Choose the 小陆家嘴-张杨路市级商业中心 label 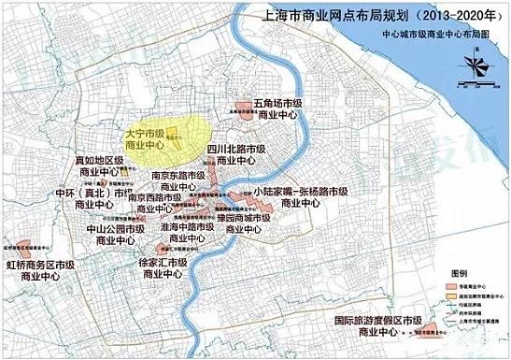[x=301, y=195]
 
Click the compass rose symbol [x=476, y=64]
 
